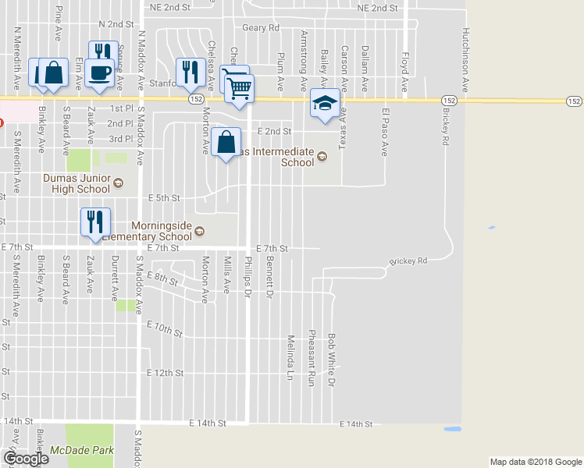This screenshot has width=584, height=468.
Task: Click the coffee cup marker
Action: coord(99,73)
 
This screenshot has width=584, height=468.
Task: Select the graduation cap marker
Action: coord(326,102)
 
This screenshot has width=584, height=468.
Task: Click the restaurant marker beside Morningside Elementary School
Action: coord(95,222)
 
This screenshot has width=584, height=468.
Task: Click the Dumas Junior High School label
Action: coord(76,183)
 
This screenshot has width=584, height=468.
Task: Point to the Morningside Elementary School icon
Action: coord(199,231)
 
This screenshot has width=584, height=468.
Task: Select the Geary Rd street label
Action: coord(260,27)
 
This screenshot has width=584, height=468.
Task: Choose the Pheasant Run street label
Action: coord(311,357)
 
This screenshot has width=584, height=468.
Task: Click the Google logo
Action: coord(25,458)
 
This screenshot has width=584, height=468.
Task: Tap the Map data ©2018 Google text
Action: coord(535,462)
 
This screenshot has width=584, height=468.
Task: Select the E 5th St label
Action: coord(164,197)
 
